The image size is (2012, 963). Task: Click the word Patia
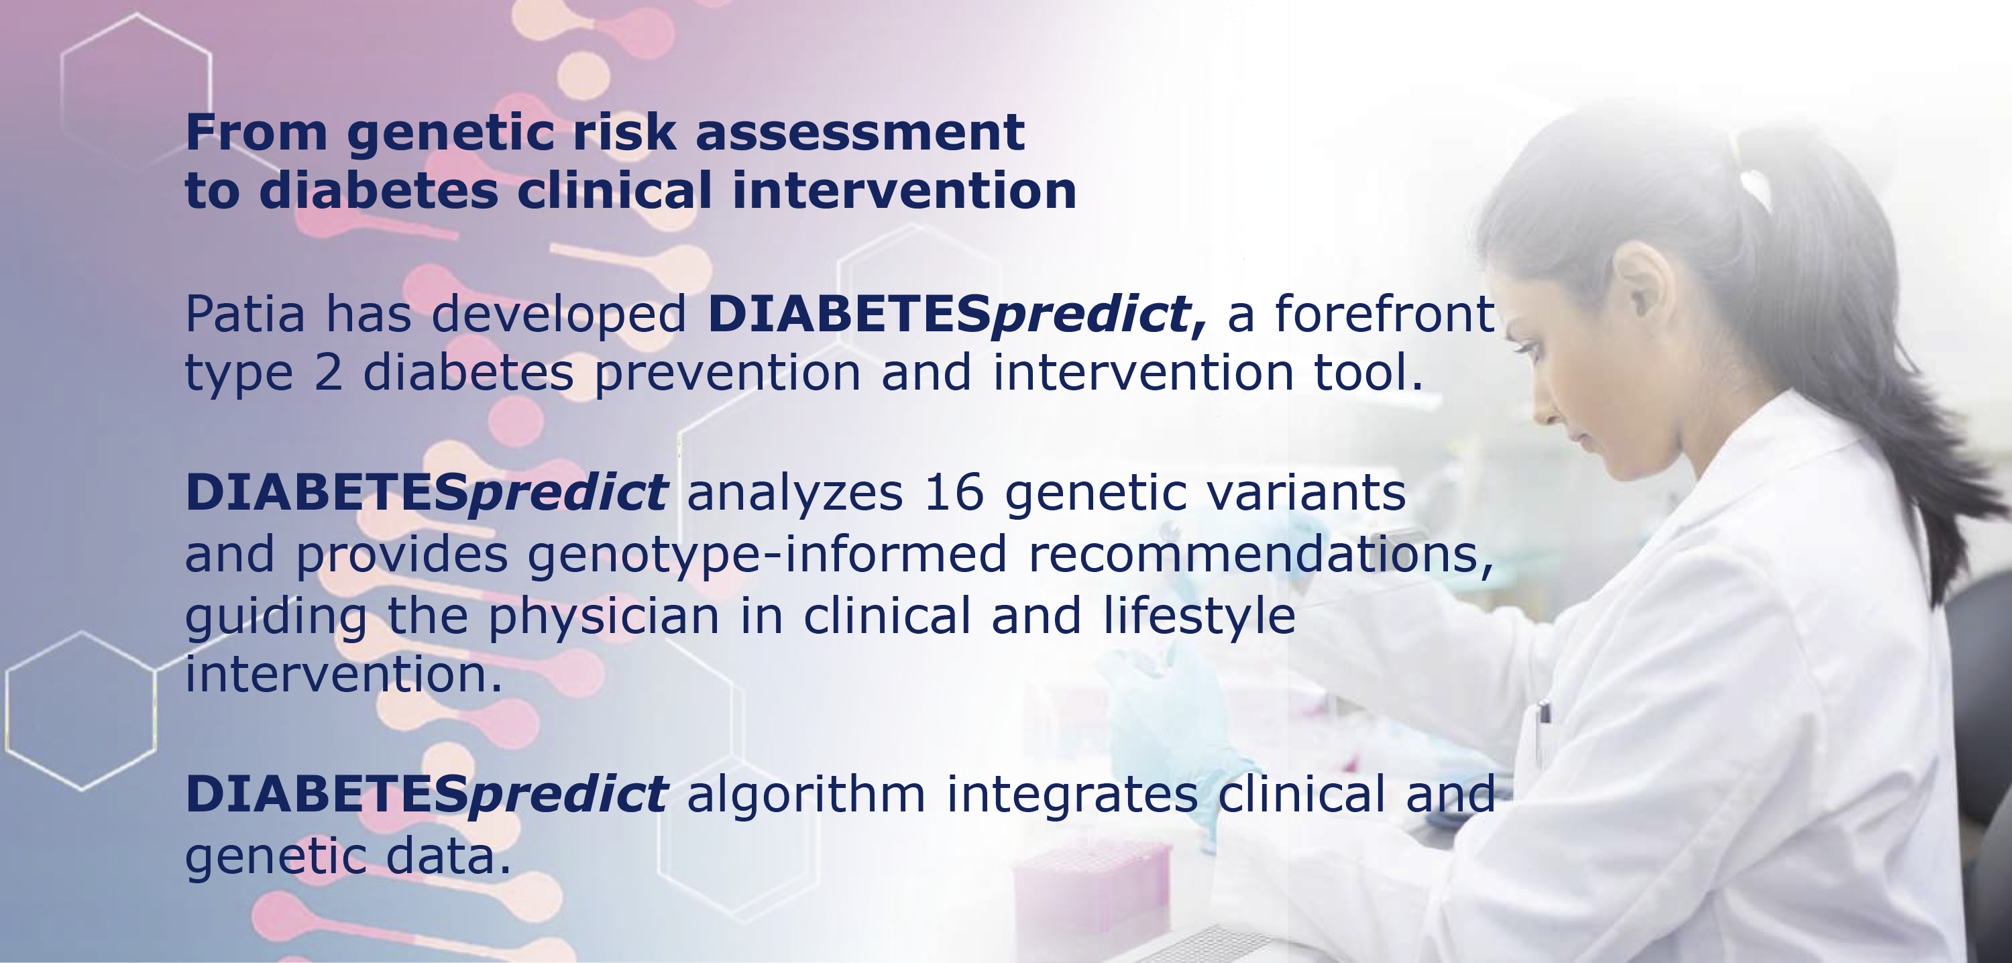pyautogui.click(x=245, y=314)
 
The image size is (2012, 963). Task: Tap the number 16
pyautogui.click(x=954, y=493)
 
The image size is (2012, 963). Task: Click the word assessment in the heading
pyautogui.click(x=859, y=132)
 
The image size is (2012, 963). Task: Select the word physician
pyautogui.click(x=603, y=617)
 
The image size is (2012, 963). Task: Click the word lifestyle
pyautogui.click(x=1200, y=616)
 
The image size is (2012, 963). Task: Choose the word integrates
pyautogui.click(x=1072, y=796)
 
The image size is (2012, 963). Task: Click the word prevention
pyautogui.click(x=728, y=374)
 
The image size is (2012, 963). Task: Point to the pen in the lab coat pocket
pyautogui.click(x=1543, y=730)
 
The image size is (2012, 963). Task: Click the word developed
pyautogui.click(x=559, y=314)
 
